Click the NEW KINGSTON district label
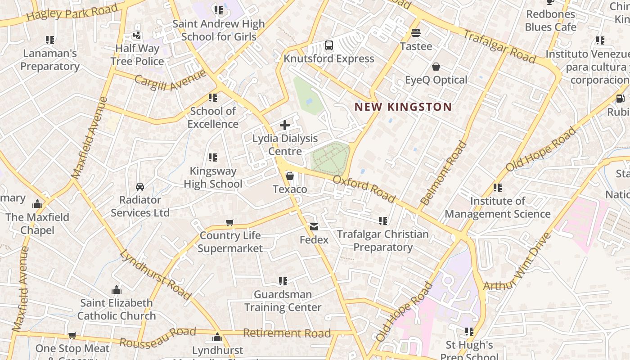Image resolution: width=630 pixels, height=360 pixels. point(403,107)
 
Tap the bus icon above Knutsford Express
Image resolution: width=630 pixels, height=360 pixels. point(329,45)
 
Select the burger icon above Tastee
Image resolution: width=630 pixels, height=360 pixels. point(416,33)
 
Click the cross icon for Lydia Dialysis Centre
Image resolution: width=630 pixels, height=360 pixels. point(285,125)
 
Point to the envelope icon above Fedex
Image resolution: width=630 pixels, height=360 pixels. point(314,227)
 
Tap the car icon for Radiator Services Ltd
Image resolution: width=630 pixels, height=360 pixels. point(140,187)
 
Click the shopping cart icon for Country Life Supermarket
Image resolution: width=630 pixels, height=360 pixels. point(230,222)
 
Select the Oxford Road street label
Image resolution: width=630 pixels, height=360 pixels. point(364,189)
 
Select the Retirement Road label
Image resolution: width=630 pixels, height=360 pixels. point(287,333)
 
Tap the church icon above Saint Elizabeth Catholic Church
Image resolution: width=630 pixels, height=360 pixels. point(117,290)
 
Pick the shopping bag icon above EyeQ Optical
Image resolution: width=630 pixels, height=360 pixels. point(436,67)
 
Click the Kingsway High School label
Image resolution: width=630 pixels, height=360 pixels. point(213,177)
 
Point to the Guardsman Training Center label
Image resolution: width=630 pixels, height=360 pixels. point(283,301)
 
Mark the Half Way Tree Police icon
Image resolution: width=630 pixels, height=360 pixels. point(137,35)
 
